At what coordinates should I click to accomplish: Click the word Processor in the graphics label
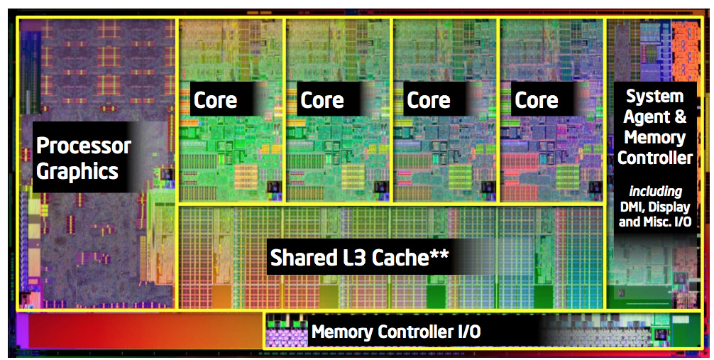(84, 146)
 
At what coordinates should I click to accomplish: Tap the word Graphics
(77, 172)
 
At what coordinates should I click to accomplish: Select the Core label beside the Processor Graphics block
(215, 100)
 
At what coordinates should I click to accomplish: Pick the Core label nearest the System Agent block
(536, 100)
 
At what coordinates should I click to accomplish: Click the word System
(655, 96)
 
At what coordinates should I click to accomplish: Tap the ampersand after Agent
(680, 116)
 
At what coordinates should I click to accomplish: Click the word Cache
(400, 258)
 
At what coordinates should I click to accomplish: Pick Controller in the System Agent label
(655, 158)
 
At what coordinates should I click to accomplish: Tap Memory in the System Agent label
(655, 137)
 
